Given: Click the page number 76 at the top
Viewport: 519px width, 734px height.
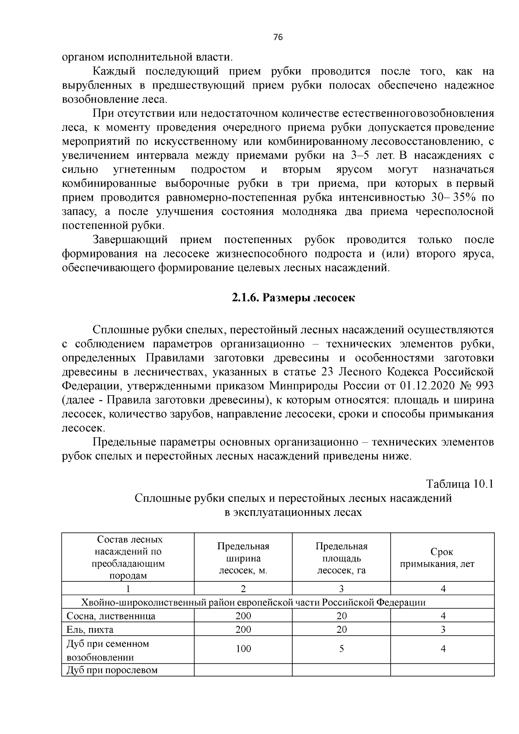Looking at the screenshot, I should tap(278, 38).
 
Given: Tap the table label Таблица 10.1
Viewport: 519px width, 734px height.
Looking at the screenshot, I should tap(460, 484).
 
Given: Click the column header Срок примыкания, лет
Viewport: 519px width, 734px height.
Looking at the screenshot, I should tap(442, 558).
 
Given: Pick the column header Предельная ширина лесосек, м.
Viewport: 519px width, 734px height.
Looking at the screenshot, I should tap(243, 558).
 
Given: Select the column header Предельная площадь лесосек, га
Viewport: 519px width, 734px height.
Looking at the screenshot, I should tap(341, 558).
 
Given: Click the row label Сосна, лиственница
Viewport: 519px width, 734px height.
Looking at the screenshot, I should tap(111, 616).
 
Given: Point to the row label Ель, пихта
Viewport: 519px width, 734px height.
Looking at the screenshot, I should tap(90, 629).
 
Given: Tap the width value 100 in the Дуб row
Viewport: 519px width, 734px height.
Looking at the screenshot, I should tap(243, 649).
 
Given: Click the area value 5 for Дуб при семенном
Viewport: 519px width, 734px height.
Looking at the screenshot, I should tap(341, 649).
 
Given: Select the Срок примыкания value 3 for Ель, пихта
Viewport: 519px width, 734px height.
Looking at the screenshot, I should tap(442, 629).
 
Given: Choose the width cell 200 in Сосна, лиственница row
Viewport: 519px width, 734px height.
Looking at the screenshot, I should tap(243, 616).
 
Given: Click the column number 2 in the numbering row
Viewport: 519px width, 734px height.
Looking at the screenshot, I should tap(243, 589).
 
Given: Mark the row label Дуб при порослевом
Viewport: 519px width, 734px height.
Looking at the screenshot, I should tap(112, 670).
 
